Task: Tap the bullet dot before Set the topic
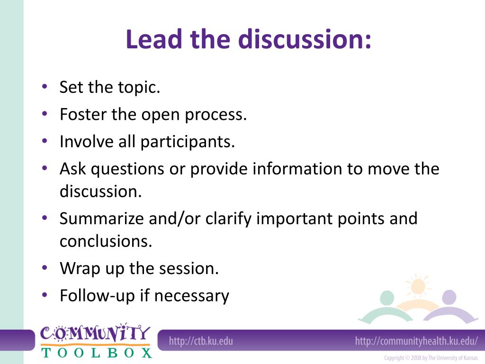[44, 87]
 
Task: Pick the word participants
[187, 142]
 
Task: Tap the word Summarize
[103, 219]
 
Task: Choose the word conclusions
[106, 242]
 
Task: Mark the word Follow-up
[97, 296]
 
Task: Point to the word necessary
[192, 296]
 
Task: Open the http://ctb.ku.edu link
[201, 341]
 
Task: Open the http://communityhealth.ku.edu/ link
[416, 341]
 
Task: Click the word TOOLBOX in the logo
[97, 352]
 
